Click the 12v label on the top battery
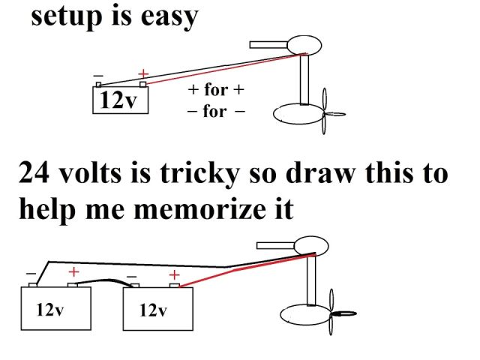coord(120,100)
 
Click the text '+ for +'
coord(216,91)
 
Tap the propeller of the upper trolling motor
coord(324,112)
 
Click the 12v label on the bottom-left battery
coord(49,309)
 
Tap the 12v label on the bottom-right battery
coord(153,309)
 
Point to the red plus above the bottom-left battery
coord(73,272)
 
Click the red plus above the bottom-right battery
coord(174,274)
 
